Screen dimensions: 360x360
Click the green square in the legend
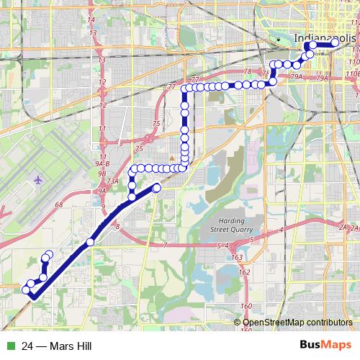click(9, 346)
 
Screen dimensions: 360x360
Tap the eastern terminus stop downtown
click(335, 44)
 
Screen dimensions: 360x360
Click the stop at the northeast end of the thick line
click(157, 188)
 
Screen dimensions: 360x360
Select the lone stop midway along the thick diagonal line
click(90, 242)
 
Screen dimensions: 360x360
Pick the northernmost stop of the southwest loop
click(48, 253)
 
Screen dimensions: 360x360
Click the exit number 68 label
click(59, 205)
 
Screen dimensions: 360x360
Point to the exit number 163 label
click(238, 256)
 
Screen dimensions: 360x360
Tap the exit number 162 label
click(245, 273)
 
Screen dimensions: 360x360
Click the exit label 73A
click(112, 181)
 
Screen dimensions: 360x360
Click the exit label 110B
click(352, 73)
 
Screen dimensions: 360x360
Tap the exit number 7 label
click(165, 246)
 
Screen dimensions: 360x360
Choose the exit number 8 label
click(117, 228)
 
